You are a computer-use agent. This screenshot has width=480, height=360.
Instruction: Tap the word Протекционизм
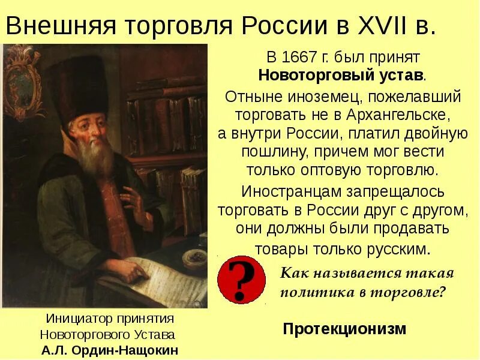(x=344, y=329)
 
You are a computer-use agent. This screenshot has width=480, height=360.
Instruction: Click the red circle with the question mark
(x=241, y=278)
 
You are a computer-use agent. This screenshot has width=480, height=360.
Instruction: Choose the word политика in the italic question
(x=311, y=292)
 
